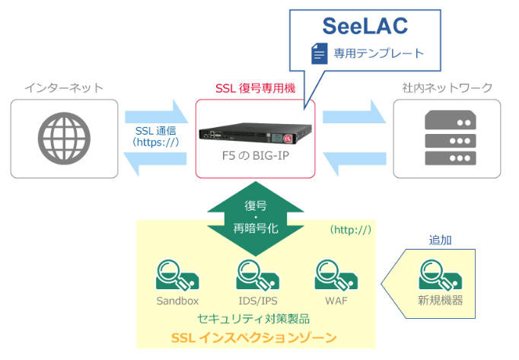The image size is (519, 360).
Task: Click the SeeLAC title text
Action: [365, 26]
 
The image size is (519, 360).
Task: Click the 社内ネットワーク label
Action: [446, 88]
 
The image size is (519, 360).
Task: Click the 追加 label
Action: [439, 240]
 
